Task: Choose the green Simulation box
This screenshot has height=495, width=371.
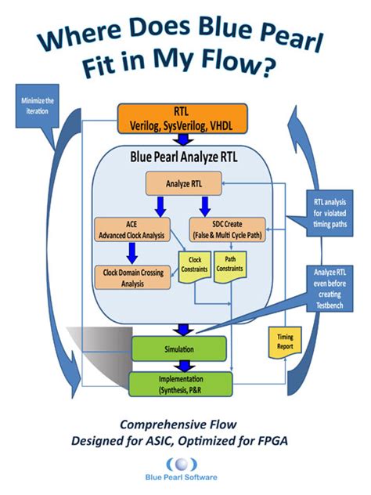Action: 178,346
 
